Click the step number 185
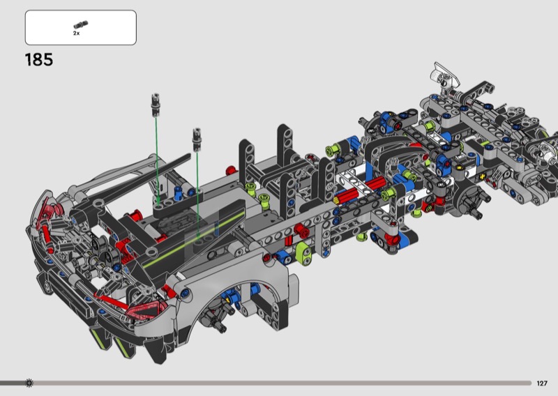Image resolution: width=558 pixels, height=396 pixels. [x=39, y=60]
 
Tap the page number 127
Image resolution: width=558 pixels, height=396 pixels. [x=542, y=383]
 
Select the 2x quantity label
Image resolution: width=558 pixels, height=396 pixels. [x=77, y=33]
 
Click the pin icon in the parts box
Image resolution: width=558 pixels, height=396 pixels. [x=81, y=24]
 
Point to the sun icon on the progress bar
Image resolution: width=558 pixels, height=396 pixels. [x=29, y=383]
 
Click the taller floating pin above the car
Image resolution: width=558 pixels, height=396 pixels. [x=156, y=105]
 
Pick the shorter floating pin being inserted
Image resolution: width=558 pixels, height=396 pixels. [x=197, y=139]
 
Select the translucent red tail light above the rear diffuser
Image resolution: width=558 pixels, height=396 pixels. [x=146, y=309]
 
